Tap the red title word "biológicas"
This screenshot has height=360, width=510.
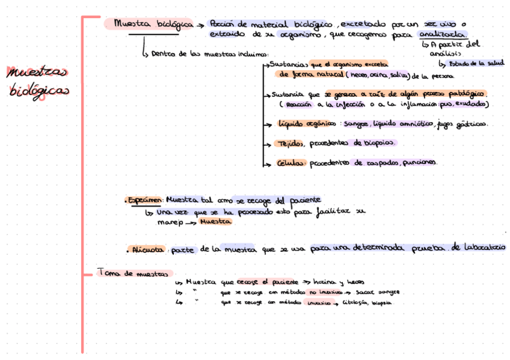coord(38,91)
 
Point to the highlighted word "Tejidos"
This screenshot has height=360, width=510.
coord(291,144)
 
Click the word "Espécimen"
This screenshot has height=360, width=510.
coord(146,200)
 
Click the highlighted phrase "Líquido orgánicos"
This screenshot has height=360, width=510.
coord(307,124)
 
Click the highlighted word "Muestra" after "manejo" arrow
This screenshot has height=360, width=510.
coord(215,222)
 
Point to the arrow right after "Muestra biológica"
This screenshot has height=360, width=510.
coord(200,25)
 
